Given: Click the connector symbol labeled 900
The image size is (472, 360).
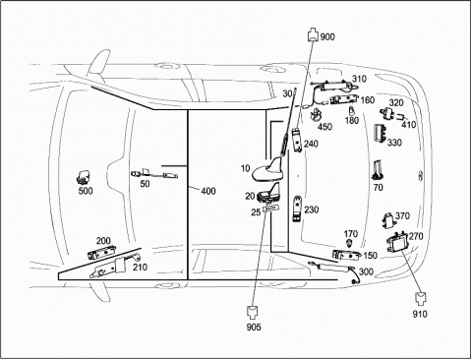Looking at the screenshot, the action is point(313,35).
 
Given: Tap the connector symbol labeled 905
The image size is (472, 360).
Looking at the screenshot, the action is point(253,313).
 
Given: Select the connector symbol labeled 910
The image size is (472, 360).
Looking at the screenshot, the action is point(421,298).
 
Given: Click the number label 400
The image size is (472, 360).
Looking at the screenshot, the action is point(208,191).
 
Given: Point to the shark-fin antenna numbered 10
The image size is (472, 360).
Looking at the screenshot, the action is point(267,169).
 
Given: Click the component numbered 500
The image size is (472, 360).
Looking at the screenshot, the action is point(85,177).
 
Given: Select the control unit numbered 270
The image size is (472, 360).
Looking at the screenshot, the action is point(397,243).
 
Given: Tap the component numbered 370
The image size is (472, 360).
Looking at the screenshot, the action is point(388,219).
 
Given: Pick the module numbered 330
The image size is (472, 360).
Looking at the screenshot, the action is point(381,133).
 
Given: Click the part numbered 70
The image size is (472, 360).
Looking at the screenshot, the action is point(378,169).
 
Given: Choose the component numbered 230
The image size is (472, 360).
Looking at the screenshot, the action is point(297,209).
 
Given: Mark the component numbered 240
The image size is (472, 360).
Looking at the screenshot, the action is point(297,140).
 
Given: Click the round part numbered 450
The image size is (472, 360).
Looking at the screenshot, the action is point(317,114).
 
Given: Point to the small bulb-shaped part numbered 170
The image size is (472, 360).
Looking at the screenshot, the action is point(350,243).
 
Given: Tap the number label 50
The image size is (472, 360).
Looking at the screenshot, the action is point(145,184).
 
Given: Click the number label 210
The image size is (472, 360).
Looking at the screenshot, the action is point(140,268).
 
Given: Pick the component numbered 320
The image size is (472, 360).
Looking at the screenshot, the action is point(387,113).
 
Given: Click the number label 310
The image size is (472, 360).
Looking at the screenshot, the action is point(359,79).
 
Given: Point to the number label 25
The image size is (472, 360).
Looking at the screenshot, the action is point(256,212).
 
